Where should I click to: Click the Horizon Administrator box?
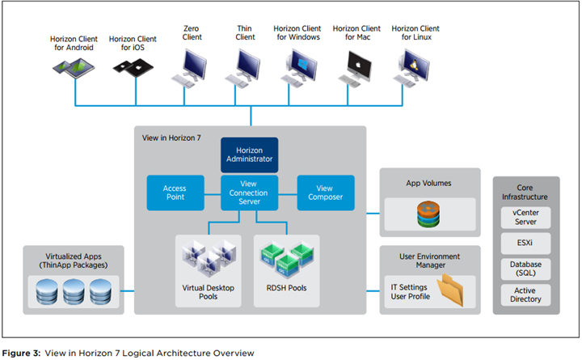[x=250, y=155]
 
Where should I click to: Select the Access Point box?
[x=174, y=192]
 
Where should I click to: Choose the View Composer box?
[x=325, y=192]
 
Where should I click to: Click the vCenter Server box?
[x=526, y=218]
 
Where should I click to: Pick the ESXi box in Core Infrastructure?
[x=526, y=243]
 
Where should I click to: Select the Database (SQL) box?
[x=526, y=269]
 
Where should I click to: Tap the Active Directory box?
[x=526, y=294]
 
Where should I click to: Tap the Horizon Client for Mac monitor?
[x=357, y=63]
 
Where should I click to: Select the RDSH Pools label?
[x=286, y=287]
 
